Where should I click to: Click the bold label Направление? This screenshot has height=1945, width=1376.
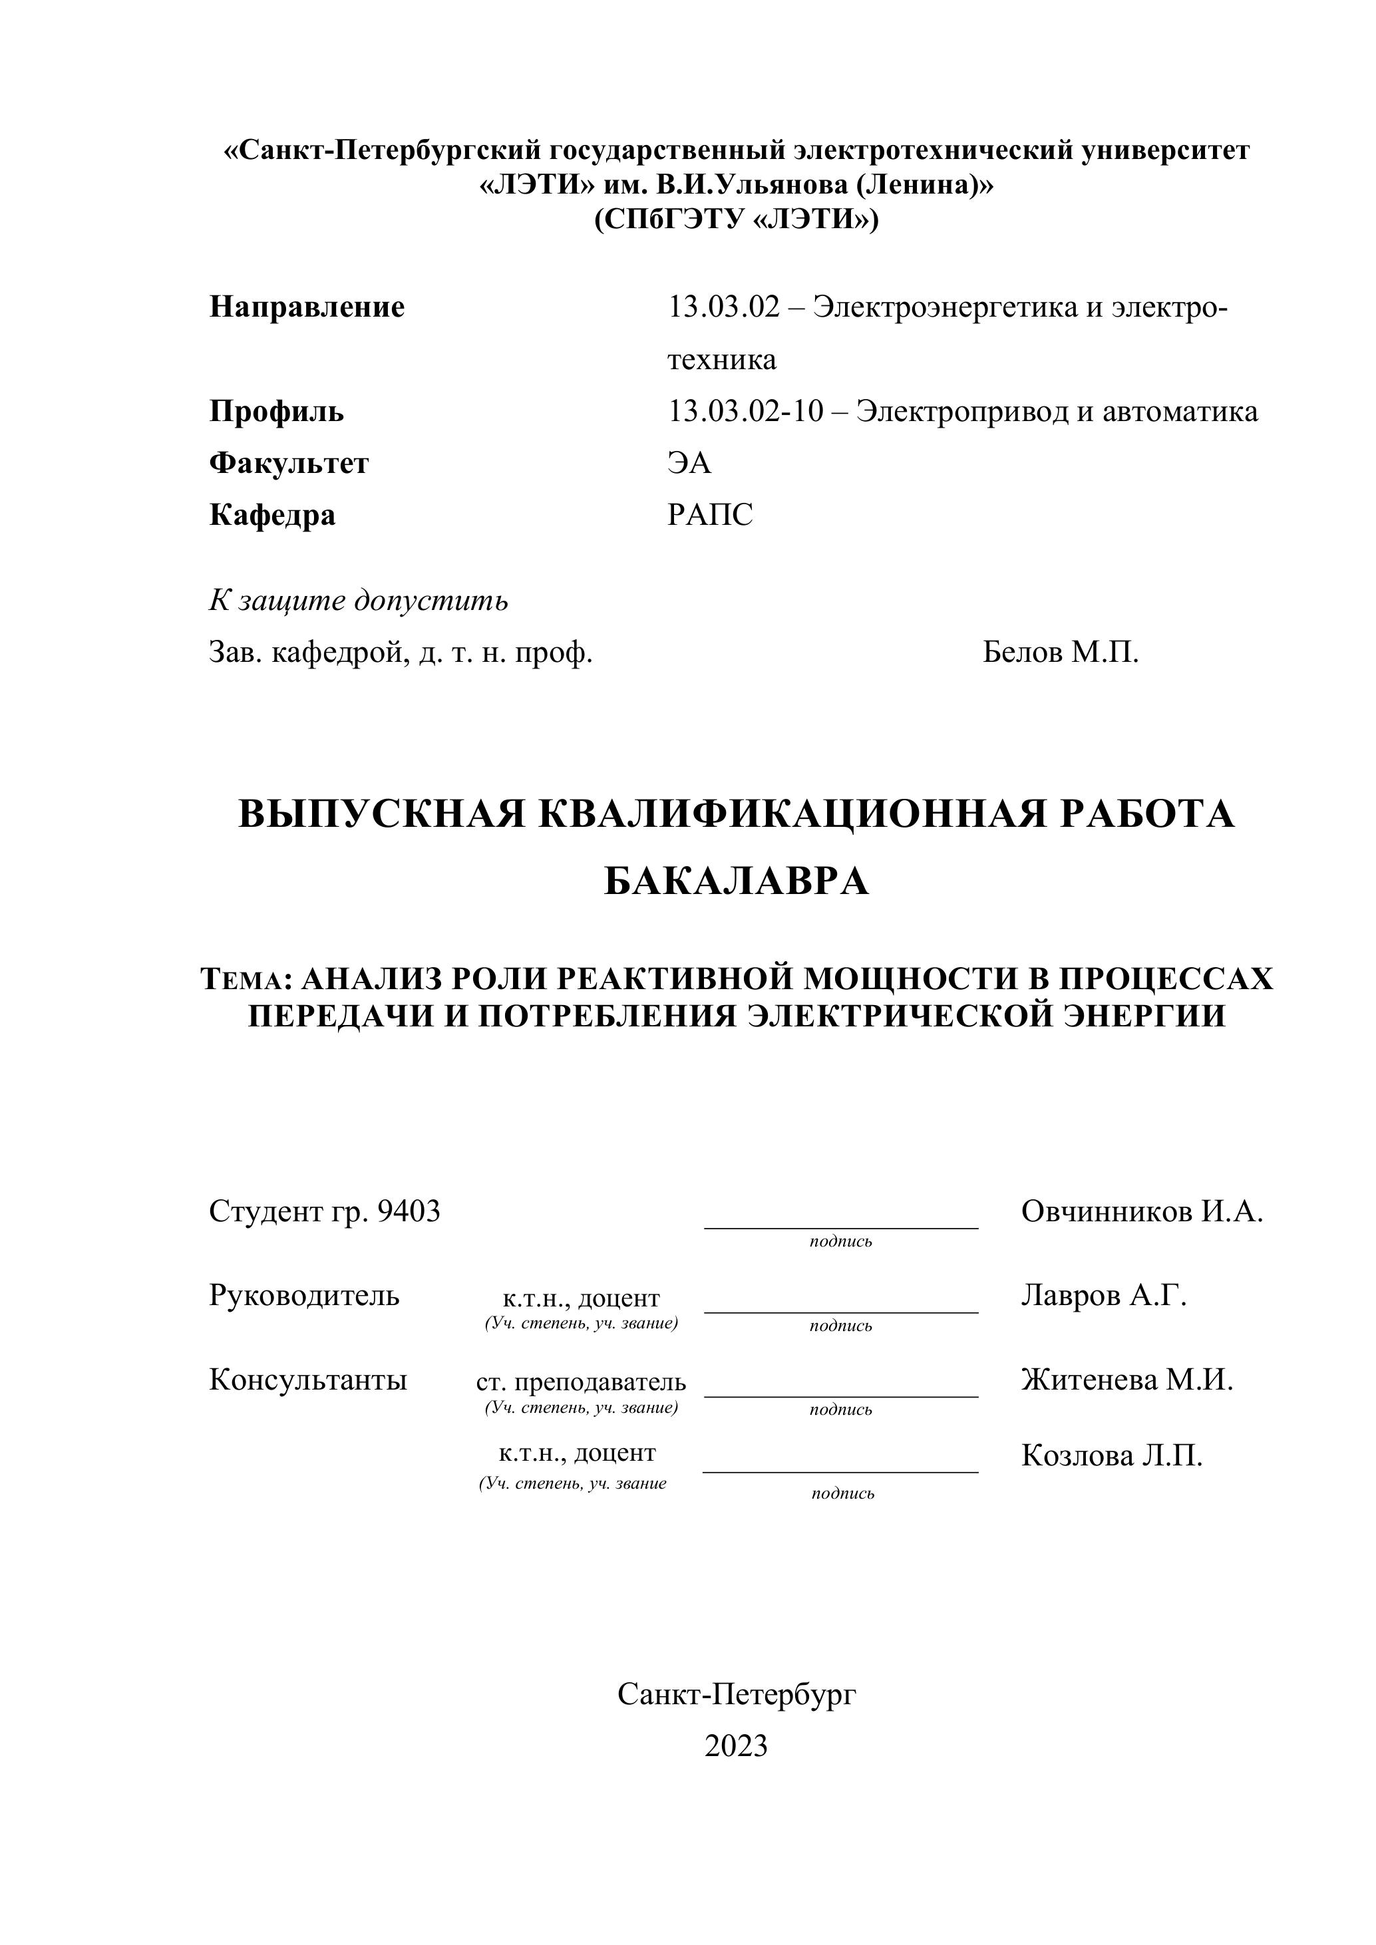point(307,307)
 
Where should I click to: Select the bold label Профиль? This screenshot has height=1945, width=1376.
point(276,412)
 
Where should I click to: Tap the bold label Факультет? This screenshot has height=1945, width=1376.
point(289,464)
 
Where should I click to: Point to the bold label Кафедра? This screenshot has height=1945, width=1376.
point(272,515)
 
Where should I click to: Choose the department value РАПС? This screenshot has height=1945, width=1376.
point(710,515)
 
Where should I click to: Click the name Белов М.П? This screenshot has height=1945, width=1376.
point(1061,653)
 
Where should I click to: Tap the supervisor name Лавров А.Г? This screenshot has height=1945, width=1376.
point(1103,1295)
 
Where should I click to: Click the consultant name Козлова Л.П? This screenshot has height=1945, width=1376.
point(1112,1455)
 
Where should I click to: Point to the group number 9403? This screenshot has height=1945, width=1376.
point(409,1212)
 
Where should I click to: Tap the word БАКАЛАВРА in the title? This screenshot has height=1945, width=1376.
point(737,882)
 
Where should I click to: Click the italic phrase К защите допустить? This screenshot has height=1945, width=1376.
point(359,601)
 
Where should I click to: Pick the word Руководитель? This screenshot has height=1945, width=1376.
point(304,1295)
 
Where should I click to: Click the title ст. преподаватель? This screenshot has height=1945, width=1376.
point(582,1382)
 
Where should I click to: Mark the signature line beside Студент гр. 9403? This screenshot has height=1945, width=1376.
point(840,1227)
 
